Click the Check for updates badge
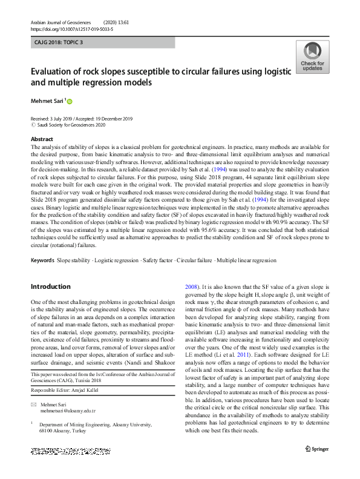point(312,57)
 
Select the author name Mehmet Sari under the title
point(48,101)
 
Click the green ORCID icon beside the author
point(70,101)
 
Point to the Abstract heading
point(42,139)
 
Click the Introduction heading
point(50,286)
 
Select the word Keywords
point(42,260)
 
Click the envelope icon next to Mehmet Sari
point(33,403)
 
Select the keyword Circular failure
point(194,260)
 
